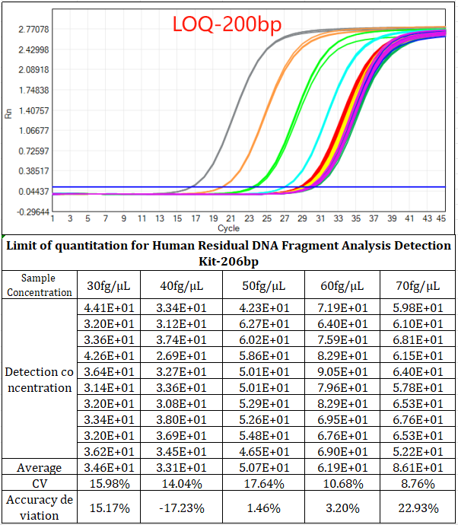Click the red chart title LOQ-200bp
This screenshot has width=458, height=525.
pos(227,24)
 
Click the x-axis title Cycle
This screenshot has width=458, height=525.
pos(228,228)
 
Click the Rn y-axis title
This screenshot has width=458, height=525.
pos(8,113)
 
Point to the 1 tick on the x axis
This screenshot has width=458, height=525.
pos(52,219)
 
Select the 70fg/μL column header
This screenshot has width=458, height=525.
pos(418,286)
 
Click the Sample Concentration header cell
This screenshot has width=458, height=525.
pos(40,286)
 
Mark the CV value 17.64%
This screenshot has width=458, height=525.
pos(266,484)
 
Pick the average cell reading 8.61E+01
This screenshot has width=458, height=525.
pos(418,467)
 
